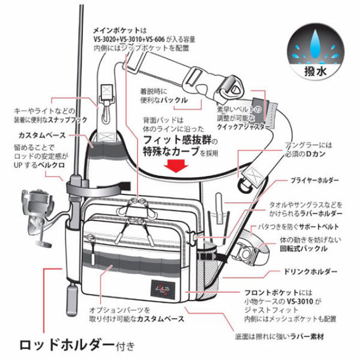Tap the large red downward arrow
click(179, 166)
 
